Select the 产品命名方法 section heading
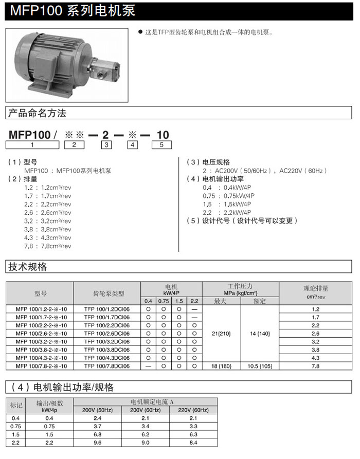coord(37,113)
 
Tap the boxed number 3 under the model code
coord(106,145)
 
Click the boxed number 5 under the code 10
coord(161,145)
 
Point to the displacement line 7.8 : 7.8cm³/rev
coord(48,246)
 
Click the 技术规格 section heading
coord(28,267)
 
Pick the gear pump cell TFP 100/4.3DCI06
coord(107,358)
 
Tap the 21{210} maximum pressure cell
coord(222,333)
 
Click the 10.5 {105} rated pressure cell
coord(260,366)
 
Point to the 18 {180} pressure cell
coord(222,366)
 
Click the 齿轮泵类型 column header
coord(107,293)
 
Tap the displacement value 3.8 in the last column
coord(316,350)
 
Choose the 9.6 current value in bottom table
coord(100,443)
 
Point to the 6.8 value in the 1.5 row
coord(100,434)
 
